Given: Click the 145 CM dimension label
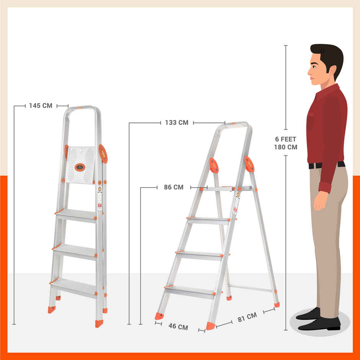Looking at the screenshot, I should point(41,106).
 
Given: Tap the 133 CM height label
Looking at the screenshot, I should point(177,123).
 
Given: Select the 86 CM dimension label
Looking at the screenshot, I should point(173,187).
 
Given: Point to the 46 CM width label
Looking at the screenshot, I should point(178,327).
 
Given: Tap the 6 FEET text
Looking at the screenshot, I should point(285,139).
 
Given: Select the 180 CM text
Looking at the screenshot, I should point(285,147).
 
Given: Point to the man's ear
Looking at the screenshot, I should point(332,70).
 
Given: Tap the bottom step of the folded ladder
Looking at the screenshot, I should point(74,287).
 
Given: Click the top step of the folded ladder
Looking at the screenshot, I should point(77,215).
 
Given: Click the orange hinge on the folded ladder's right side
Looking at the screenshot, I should point(103,154).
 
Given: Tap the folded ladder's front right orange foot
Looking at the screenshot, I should point(99,323).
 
